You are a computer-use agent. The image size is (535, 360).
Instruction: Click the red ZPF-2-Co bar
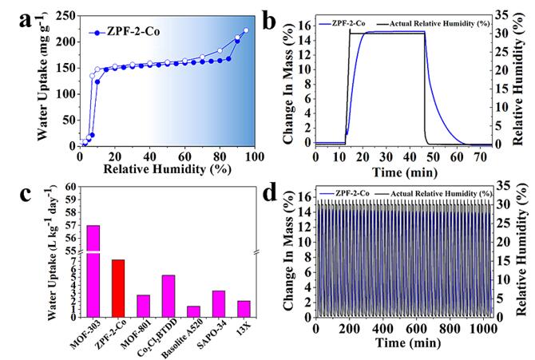117,288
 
